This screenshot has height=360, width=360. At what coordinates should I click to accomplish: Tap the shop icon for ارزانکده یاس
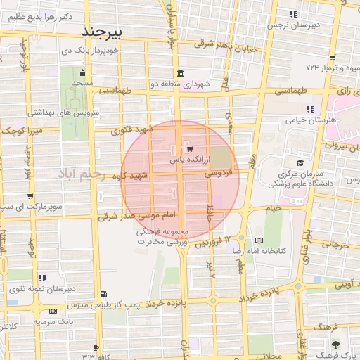[x=189, y=148]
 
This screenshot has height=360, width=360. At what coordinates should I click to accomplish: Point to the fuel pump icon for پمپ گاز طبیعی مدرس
[x=104, y=293]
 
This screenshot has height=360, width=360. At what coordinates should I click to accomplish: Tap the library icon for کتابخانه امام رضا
[x=259, y=240]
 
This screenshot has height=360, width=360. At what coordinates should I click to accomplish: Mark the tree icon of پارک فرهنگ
[x=336, y=345]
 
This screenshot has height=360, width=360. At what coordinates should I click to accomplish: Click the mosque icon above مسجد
[x=83, y=72]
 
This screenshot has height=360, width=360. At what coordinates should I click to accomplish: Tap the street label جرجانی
[x=335, y=246]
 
